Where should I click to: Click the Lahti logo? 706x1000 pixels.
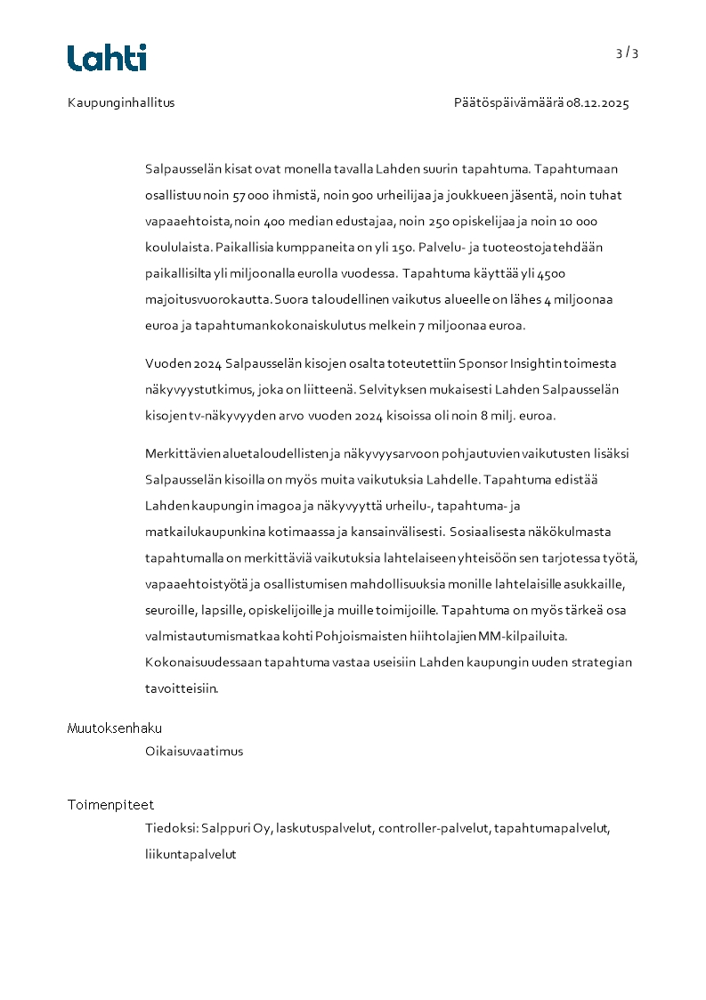[x=107, y=58]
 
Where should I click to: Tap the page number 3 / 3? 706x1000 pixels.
[x=627, y=53]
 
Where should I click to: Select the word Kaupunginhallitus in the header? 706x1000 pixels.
[x=121, y=102]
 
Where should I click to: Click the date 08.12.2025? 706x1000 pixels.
[x=597, y=102]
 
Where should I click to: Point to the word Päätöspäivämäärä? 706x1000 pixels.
[x=508, y=102]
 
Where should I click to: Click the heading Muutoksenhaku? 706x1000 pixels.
[x=115, y=728]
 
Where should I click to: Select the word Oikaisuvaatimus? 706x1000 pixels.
[x=194, y=751]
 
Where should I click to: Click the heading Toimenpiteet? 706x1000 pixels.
[x=110, y=805]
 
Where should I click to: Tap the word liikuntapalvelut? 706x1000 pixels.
[x=191, y=854]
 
